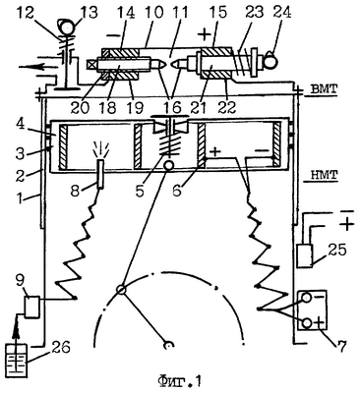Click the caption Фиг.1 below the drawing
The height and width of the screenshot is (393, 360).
point(179,381)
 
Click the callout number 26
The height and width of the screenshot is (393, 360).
point(60,348)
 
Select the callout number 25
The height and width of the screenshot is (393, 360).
point(335,251)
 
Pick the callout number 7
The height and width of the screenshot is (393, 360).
point(342,346)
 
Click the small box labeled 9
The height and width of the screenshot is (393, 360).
point(32,307)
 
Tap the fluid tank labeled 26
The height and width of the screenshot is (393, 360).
point(17,362)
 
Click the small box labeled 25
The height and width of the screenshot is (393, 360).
point(305,255)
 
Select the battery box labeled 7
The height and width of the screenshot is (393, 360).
point(312,309)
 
